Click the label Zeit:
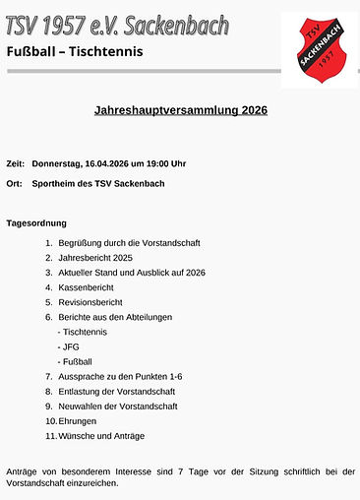[x=15, y=162]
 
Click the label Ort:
[x=14, y=183]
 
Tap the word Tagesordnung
[x=36, y=223]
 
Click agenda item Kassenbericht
[x=88, y=287]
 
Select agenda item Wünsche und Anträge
[x=100, y=435]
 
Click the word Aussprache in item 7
[x=84, y=376]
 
